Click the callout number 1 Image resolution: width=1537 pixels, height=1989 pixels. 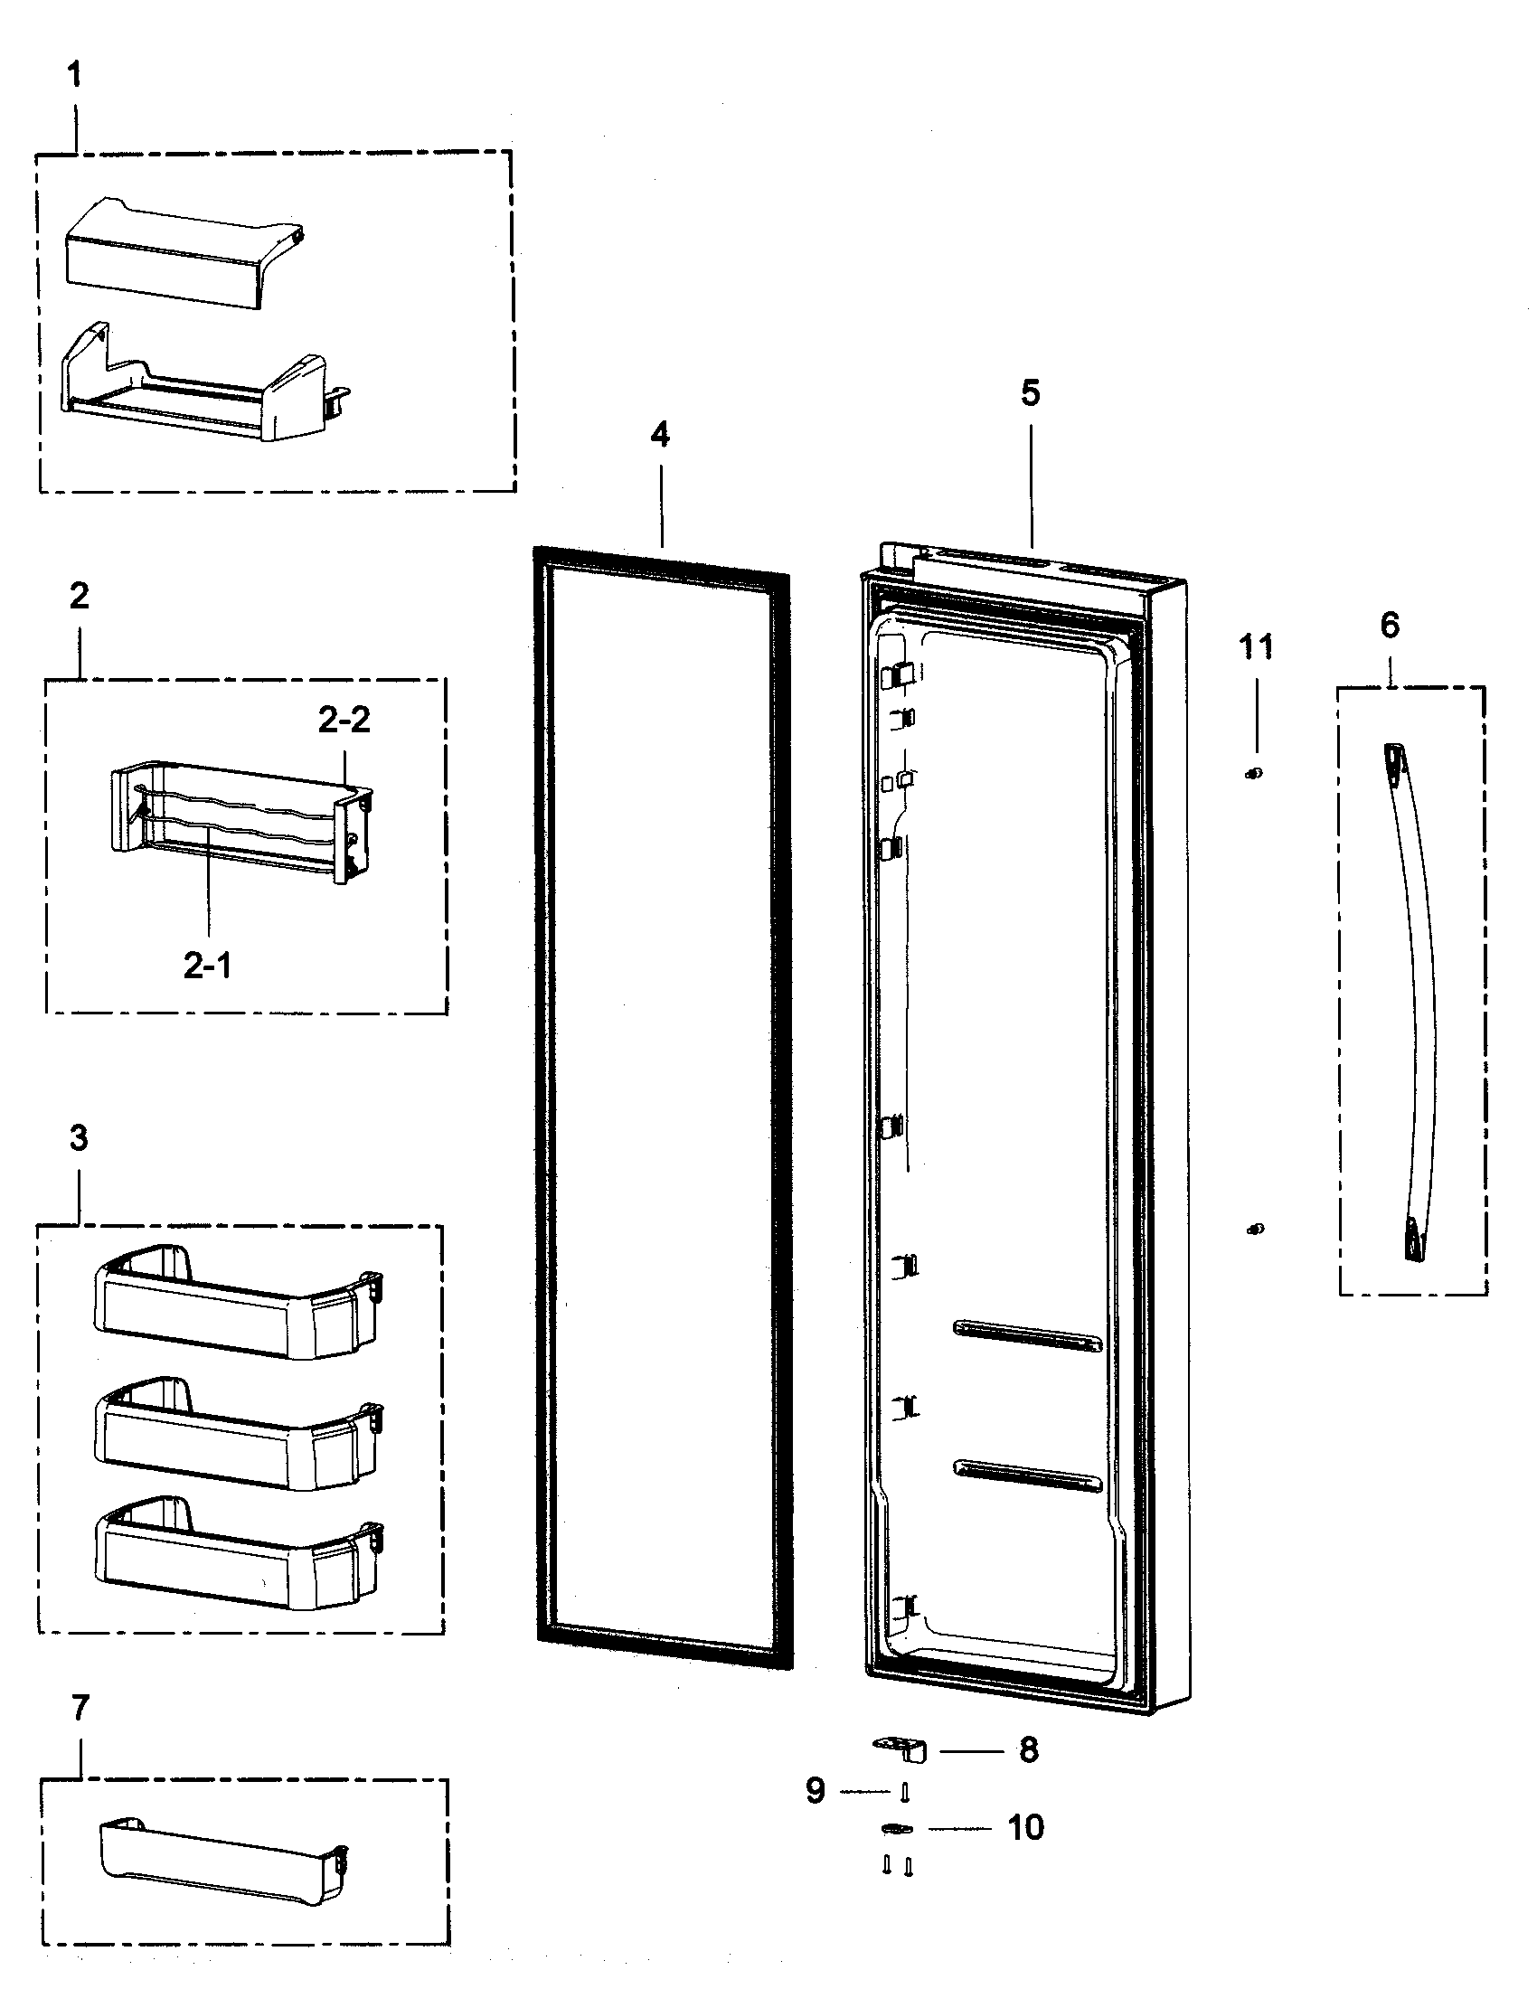[x=75, y=76]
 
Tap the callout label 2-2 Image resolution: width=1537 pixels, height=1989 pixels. [x=344, y=720]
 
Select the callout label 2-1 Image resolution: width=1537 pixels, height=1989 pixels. [x=208, y=966]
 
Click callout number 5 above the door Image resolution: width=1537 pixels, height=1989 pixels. [x=1030, y=393]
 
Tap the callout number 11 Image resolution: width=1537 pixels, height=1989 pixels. [x=1256, y=647]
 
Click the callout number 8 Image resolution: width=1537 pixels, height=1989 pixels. [x=1028, y=1749]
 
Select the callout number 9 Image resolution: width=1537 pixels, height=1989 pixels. [x=816, y=1790]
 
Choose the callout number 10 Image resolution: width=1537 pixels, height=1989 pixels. [x=1026, y=1828]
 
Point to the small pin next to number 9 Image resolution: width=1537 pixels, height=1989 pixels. [x=904, y=1791]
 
